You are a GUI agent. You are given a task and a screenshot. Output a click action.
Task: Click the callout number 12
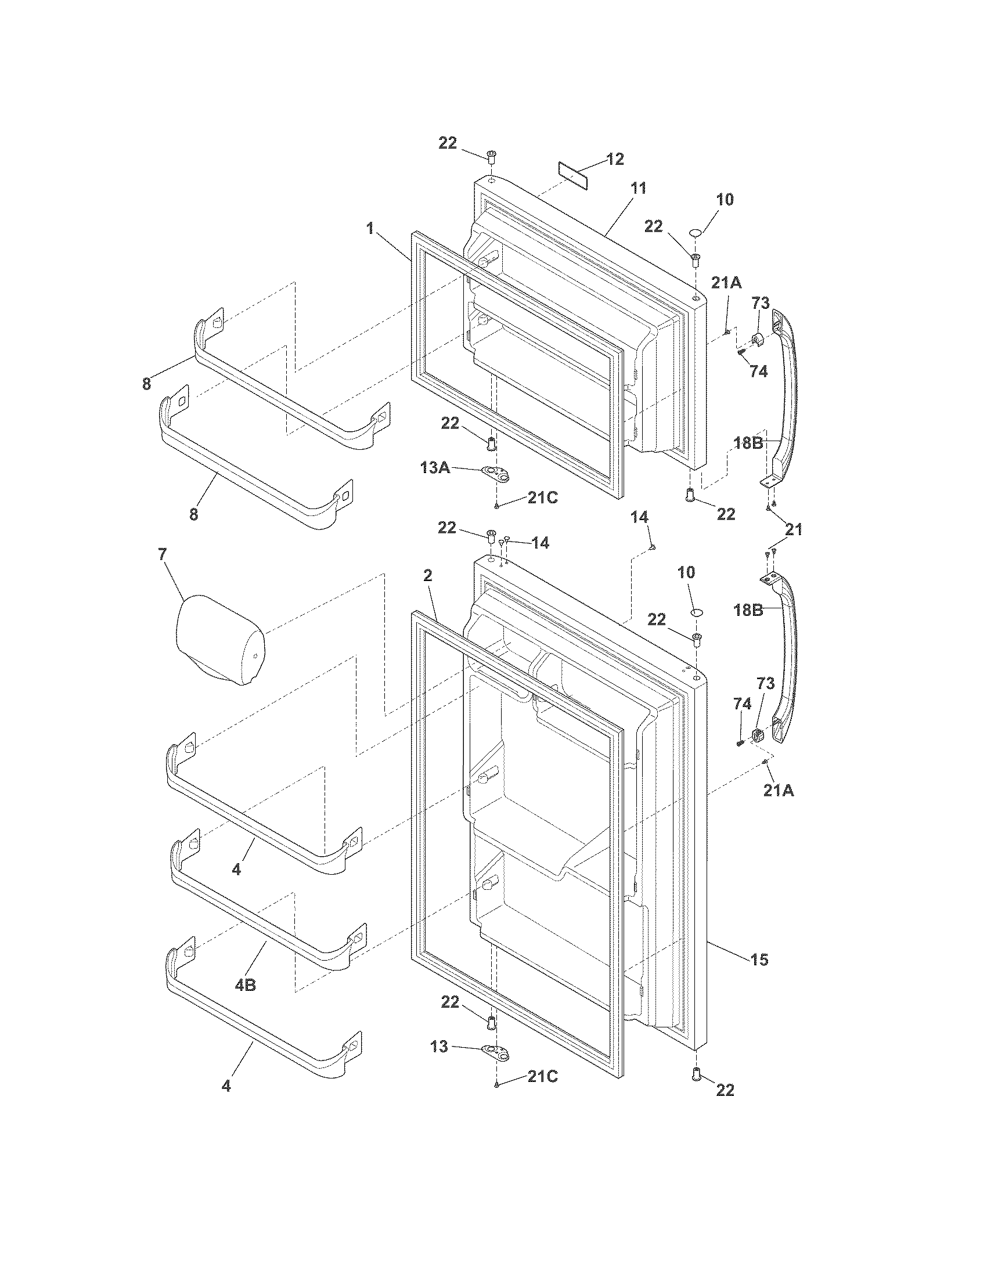point(614,159)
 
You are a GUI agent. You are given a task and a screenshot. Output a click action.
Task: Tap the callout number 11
point(637,189)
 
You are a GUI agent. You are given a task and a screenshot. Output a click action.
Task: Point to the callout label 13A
point(435,468)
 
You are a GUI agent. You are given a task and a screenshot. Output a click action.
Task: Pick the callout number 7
point(162,554)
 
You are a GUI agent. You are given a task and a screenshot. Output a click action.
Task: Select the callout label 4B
point(246,985)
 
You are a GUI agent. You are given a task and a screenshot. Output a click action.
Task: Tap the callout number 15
point(759,959)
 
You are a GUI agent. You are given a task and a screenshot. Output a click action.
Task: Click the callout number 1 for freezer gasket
point(370,229)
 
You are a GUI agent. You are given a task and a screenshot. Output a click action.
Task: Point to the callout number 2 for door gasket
point(427,575)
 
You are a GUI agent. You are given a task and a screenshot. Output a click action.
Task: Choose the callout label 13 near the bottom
point(440,1046)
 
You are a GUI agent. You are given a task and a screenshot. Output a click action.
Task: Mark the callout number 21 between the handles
point(794,530)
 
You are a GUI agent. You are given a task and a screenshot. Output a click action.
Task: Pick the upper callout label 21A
point(726,284)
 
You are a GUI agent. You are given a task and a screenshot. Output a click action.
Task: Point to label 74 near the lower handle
point(742,705)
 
